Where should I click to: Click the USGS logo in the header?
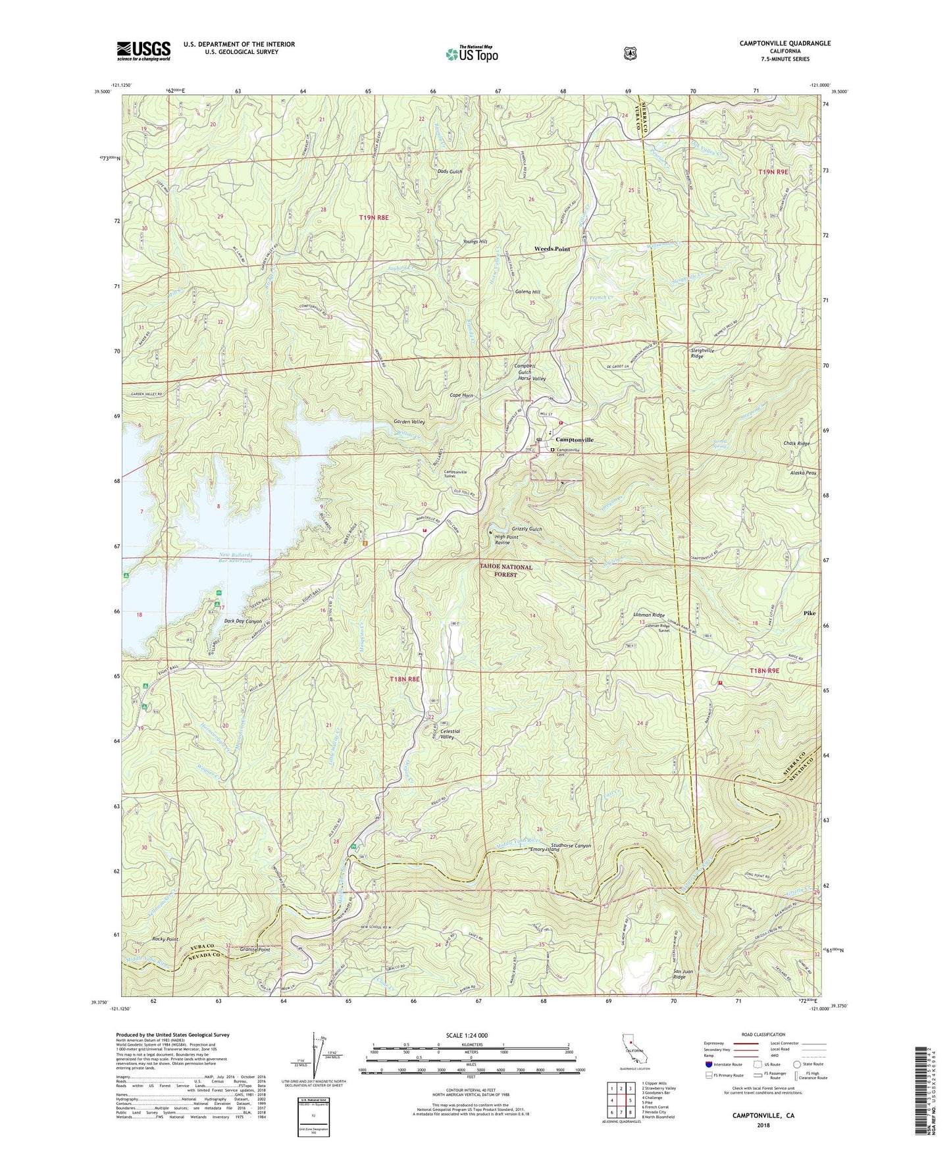coord(143,50)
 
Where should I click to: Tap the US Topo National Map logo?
coord(472,54)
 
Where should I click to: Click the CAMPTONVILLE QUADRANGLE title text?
coord(775,43)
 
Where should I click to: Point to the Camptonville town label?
coord(574,440)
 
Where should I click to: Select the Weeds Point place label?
coord(552,249)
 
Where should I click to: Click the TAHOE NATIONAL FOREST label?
coord(505,571)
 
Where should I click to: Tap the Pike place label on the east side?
coord(809,613)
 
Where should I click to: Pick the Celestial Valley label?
coord(450,734)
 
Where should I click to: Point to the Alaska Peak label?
coord(803,472)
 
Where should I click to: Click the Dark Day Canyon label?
coord(243,621)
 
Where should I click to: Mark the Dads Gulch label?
coord(450,171)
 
